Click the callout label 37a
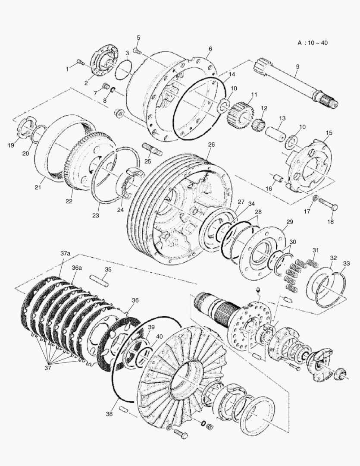pos(65,254)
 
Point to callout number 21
pos(38,187)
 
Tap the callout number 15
pos(329,133)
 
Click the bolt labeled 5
pos(138,51)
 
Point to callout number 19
pos(11,145)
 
